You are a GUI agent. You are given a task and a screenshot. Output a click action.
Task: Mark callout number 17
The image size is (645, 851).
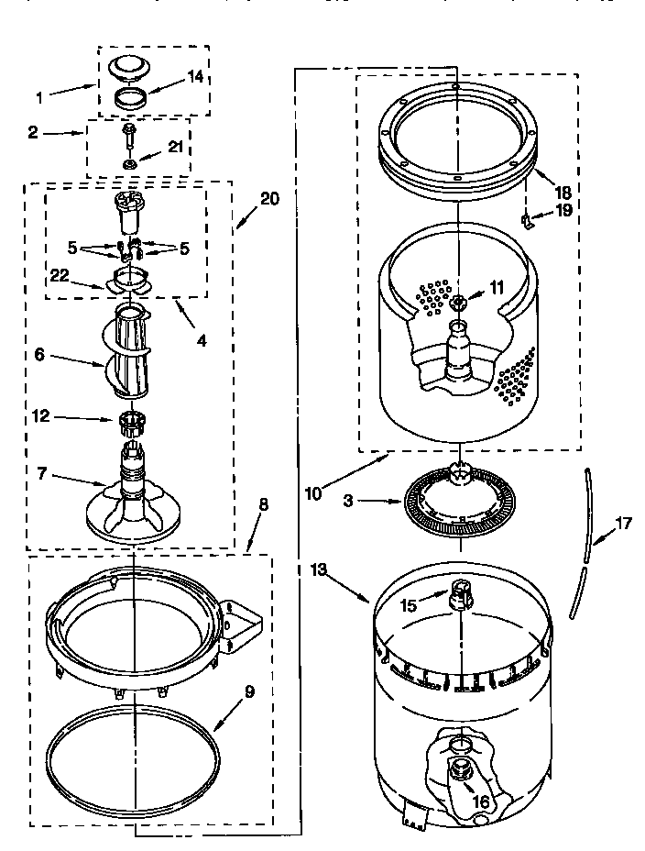pyautogui.click(x=623, y=525)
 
